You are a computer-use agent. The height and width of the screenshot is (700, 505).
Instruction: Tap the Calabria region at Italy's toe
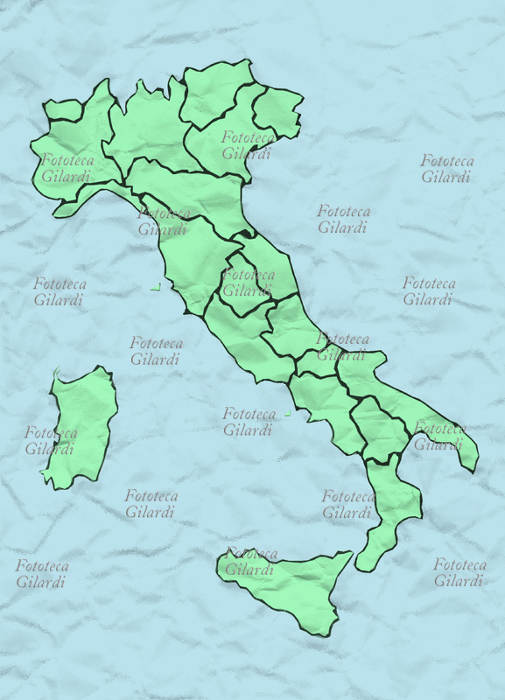(x=389, y=507)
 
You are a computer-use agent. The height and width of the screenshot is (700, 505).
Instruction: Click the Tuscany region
(x=193, y=254)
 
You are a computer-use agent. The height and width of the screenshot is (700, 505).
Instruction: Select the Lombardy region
(x=149, y=127)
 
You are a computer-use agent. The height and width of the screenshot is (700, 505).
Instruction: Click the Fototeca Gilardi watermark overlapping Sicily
(x=251, y=562)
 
